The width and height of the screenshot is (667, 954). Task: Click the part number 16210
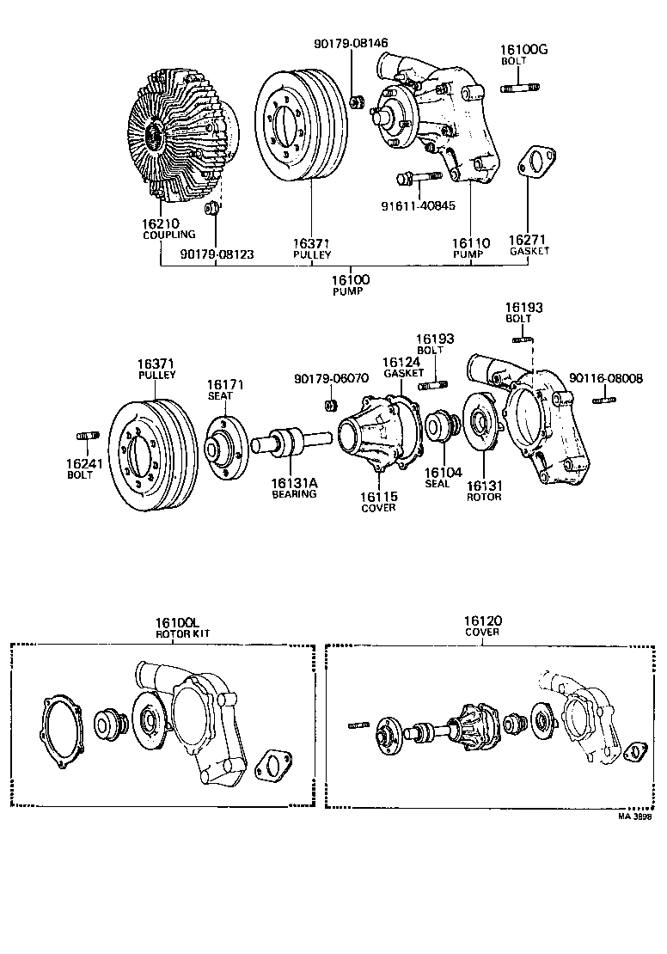click(160, 223)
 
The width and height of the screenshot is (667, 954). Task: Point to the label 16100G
click(523, 50)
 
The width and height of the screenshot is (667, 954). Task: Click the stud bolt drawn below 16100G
click(519, 87)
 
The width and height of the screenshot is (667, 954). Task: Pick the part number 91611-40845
click(418, 206)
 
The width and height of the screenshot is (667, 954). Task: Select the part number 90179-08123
click(217, 254)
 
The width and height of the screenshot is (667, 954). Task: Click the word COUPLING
click(168, 235)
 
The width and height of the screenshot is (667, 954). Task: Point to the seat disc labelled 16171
click(226, 446)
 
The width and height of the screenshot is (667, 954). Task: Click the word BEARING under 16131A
click(294, 494)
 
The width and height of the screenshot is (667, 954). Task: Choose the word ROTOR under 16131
click(484, 497)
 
